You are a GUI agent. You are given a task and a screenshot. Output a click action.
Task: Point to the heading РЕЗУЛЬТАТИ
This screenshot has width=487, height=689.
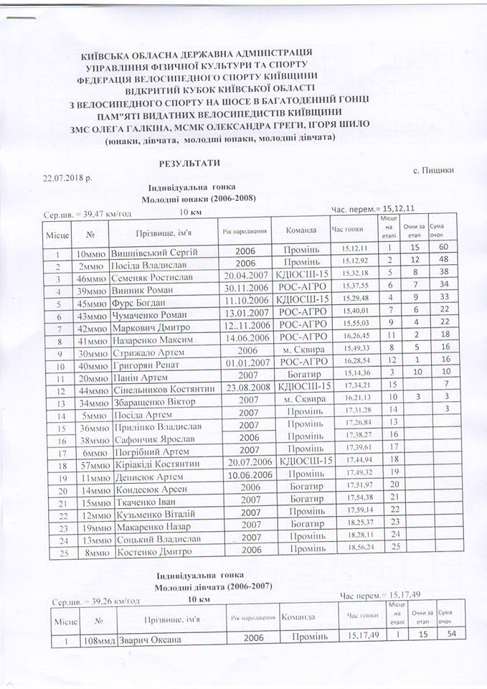tap(189, 164)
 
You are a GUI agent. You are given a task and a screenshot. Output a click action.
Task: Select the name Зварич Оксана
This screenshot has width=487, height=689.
tap(151, 640)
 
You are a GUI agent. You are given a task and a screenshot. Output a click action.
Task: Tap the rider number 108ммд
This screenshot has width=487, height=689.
tap(97, 640)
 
